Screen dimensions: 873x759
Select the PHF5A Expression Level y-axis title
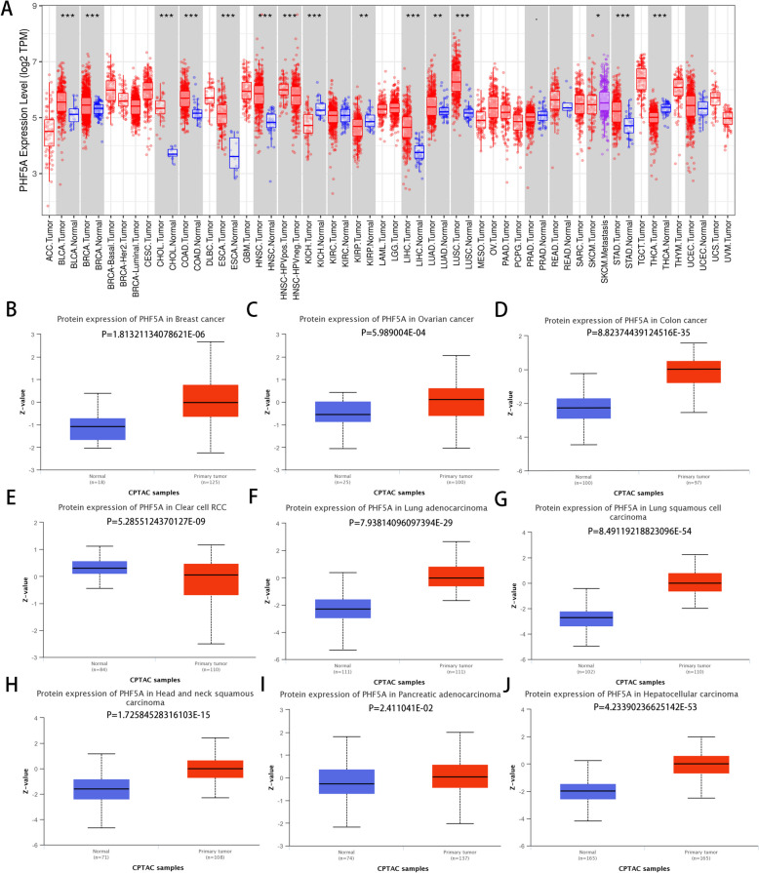(12, 113)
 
